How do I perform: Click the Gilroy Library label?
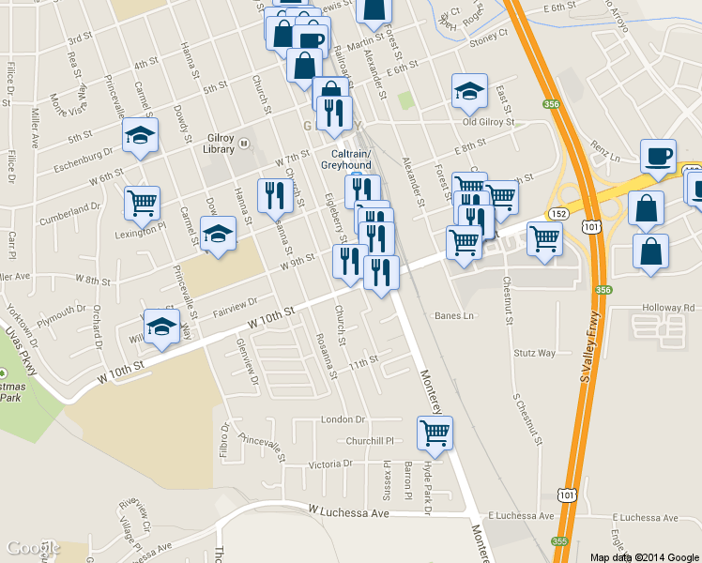(x=220, y=143)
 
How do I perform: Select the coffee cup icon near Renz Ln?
(x=657, y=157)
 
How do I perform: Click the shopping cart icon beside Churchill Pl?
(x=435, y=433)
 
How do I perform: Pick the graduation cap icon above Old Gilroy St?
(x=469, y=91)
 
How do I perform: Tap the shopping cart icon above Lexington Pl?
(x=141, y=202)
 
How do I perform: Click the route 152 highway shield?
(x=557, y=214)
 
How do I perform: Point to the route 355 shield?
(x=560, y=540)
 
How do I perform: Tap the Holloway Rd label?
(x=668, y=308)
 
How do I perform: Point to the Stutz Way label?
(x=535, y=354)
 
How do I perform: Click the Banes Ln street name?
(x=454, y=316)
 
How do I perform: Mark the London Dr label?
(x=342, y=419)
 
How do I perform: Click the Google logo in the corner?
(x=33, y=547)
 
